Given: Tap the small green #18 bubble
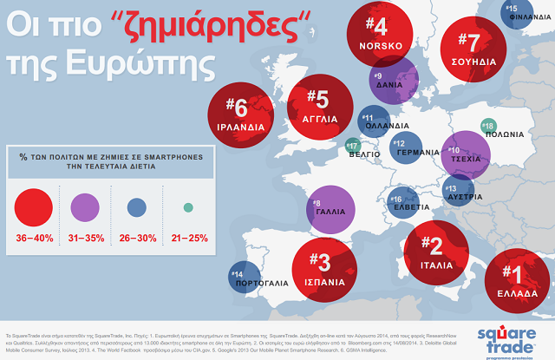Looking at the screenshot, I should click(x=488, y=126).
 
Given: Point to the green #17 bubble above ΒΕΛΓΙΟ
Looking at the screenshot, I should click(x=353, y=145).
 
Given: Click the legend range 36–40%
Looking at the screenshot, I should click(x=37, y=237).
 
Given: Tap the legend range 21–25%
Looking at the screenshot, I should click(x=187, y=237).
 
